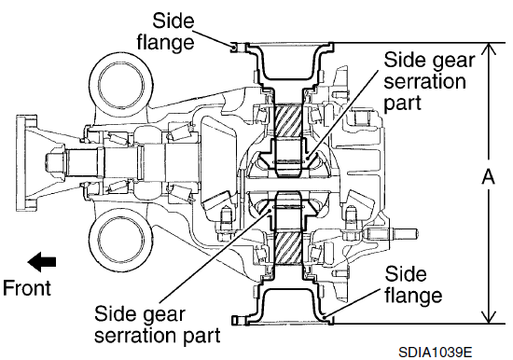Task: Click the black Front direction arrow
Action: pyautogui.click(x=42, y=262)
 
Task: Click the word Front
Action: pyautogui.click(x=27, y=288)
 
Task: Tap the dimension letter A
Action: pyautogui.click(x=488, y=178)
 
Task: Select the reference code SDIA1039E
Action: pyautogui.click(x=436, y=353)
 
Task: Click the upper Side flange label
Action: pyautogui.click(x=166, y=32)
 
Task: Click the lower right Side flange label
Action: pyautogui.click(x=413, y=284)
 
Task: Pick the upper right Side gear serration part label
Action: pyautogui.click(x=429, y=82)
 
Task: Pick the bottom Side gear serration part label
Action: pyautogui.click(x=157, y=325)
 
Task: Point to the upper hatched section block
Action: pyautogui.click(x=287, y=120)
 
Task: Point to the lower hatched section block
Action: pyautogui.click(x=287, y=248)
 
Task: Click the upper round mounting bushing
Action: pyautogui.click(x=121, y=83)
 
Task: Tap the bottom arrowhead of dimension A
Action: pyautogui.click(x=488, y=317)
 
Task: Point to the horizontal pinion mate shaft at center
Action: pyautogui.click(x=291, y=186)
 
